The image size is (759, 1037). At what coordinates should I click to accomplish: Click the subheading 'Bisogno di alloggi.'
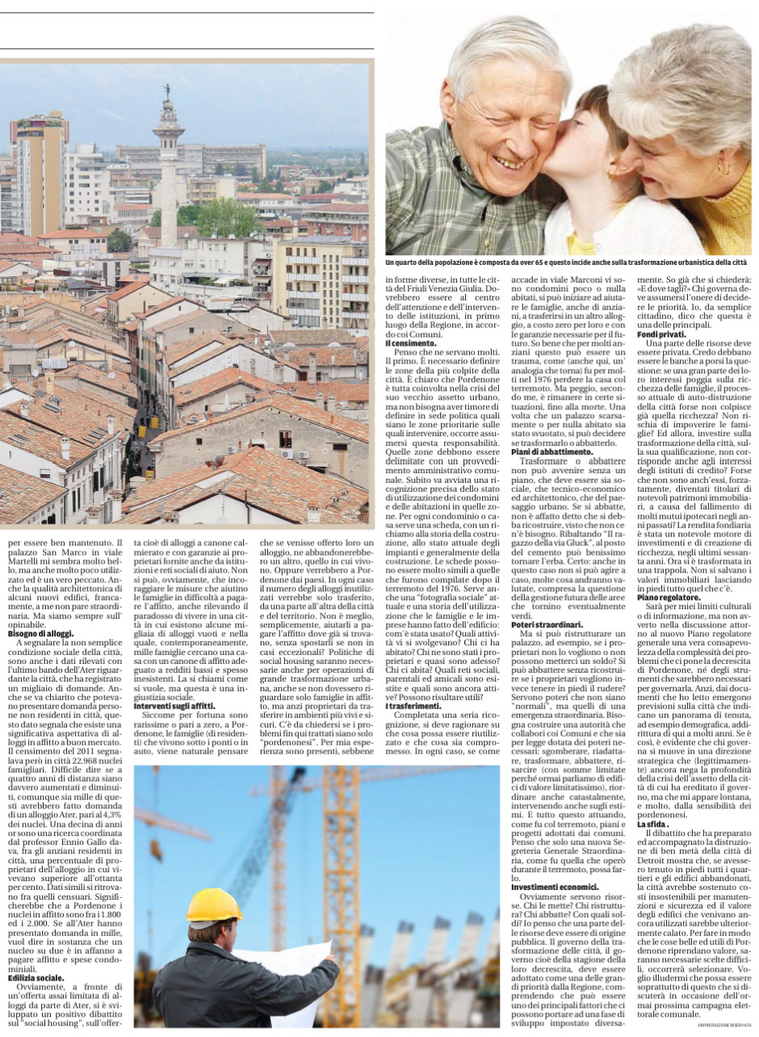[40, 634]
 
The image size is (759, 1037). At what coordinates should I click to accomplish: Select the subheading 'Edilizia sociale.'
[36, 979]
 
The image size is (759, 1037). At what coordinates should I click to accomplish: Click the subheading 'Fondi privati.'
[660, 334]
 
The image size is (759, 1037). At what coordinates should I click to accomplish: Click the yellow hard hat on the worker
[214, 906]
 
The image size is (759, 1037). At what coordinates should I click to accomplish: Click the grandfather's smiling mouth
[510, 161]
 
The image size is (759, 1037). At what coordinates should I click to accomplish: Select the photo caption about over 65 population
[565, 263]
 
